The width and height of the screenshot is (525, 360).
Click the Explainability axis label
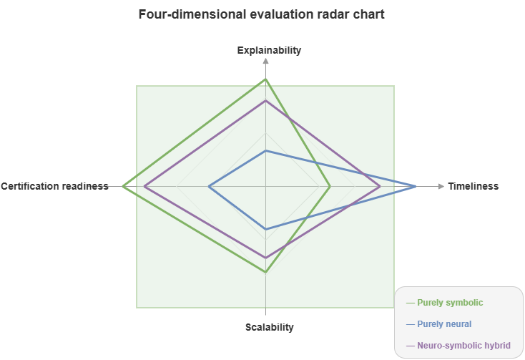(269, 50)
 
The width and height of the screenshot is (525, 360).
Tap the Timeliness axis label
(473, 186)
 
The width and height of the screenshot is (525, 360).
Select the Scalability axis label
(269, 327)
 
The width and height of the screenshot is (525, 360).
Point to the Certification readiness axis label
(54, 186)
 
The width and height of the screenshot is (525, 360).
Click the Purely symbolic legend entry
(450, 303)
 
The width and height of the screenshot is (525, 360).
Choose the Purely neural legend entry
(444, 324)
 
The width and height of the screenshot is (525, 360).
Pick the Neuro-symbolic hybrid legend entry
(463, 346)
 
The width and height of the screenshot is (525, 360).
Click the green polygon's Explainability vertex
(266, 79)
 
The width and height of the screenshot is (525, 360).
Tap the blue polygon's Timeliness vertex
(416, 186)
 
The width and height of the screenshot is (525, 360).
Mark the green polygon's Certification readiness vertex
(123, 186)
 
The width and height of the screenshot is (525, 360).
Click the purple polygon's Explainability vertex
(266, 100)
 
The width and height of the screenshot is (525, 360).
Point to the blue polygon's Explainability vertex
(266, 150)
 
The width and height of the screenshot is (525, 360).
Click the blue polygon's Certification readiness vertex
(209, 186)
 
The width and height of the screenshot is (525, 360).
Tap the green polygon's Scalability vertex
(266, 272)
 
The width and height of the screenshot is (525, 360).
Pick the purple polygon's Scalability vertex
(266, 258)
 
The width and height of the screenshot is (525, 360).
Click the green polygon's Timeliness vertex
(330, 186)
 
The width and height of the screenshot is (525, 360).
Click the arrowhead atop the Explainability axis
(266, 61)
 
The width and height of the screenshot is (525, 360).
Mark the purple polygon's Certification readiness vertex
(144, 186)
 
